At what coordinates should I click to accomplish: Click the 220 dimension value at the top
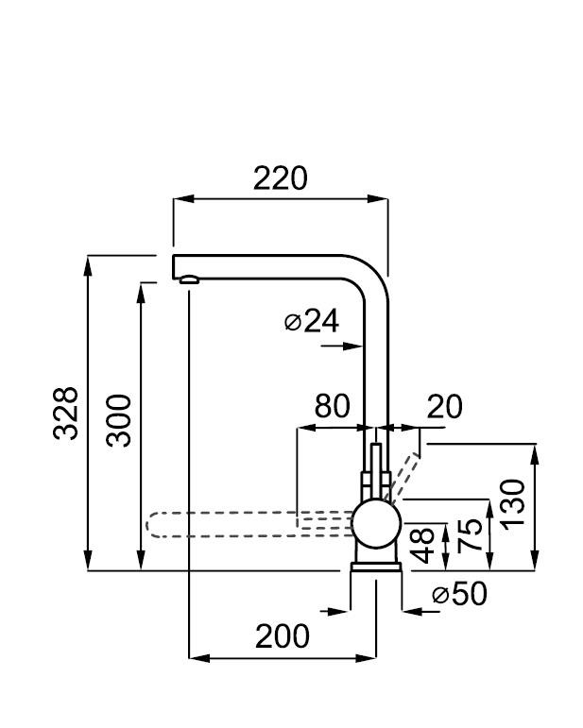tap(280, 178)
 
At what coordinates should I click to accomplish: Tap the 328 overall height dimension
tap(65, 413)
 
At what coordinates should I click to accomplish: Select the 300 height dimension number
tap(118, 420)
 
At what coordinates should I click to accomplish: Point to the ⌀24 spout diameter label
tap(311, 321)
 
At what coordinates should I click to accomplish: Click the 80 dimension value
tap(333, 406)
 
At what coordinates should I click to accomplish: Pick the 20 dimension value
tap(444, 407)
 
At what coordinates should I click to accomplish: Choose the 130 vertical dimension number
tap(513, 504)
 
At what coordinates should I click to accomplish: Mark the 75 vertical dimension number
tap(470, 535)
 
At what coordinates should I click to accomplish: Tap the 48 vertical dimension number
tap(423, 546)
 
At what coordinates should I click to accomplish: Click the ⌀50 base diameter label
tap(459, 593)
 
